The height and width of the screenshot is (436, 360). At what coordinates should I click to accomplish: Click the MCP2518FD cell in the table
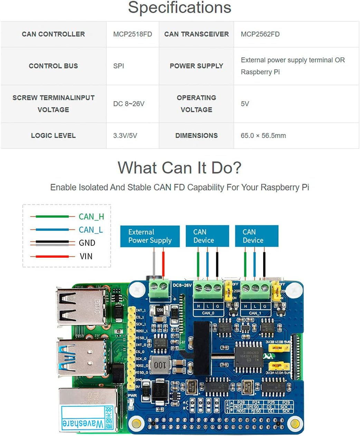coord(132,34)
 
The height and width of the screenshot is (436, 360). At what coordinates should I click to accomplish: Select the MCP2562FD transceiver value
coord(260,34)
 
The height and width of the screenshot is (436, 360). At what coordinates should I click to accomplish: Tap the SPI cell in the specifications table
coord(119,66)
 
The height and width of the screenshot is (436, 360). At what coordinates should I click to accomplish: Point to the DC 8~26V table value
coord(129,104)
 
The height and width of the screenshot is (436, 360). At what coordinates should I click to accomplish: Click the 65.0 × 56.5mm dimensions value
coord(263,135)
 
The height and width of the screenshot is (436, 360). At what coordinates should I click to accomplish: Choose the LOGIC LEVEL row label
coord(53,135)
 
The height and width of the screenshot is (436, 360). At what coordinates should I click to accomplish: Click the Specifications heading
coord(180,8)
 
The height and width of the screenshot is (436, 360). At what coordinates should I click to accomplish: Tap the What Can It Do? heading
coord(180,168)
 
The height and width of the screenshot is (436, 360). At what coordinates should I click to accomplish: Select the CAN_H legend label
coord(91,217)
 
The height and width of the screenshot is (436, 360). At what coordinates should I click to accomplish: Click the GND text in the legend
coord(87,243)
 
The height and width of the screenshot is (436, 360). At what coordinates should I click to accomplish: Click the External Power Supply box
coord(150,236)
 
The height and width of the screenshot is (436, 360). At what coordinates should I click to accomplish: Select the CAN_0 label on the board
coord(208,313)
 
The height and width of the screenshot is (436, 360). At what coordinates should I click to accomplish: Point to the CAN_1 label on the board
coord(255,313)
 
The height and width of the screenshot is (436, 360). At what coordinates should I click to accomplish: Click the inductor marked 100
coord(160,365)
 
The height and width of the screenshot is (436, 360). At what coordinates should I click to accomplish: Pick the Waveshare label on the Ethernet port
coord(83,422)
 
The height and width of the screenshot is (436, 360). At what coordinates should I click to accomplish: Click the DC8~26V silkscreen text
coord(182,285)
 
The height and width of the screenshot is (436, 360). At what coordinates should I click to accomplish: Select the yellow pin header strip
coord(131,347)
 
